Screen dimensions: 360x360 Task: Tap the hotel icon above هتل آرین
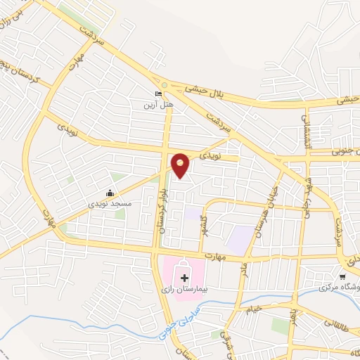[159, 94]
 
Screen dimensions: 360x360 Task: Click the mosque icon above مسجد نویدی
[110, 193]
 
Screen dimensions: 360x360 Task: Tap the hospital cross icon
[185, 278]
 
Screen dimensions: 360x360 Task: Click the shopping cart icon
[342, 277]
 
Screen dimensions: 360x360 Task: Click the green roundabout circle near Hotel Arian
[165, 84]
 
